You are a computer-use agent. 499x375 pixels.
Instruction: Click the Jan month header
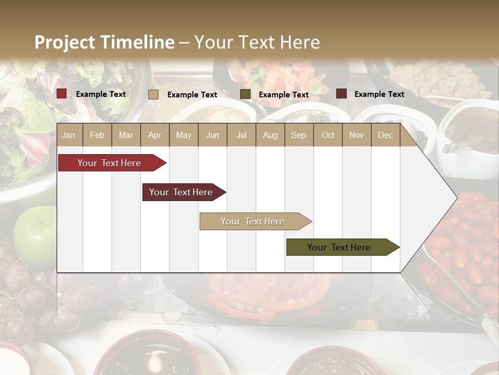tap(69, 135)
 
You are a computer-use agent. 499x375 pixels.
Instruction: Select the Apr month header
tap(154, 135)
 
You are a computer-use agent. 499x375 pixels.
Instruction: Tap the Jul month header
tap(241, 135)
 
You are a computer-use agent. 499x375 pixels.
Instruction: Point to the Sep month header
tap(298, 135)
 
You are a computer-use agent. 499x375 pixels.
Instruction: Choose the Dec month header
tap(385, 135)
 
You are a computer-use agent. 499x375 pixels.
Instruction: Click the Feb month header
tap(97, 135)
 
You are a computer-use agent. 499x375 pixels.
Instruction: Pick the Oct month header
tap(328, 135)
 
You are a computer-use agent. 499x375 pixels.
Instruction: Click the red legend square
tap(62, 94)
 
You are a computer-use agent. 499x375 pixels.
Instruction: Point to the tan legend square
tap(153, 94)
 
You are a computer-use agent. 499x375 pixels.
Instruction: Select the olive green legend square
tap(245, 94)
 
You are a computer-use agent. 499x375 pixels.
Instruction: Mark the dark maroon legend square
tap(341, 94)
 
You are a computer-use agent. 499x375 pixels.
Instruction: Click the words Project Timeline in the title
tap(104, 42)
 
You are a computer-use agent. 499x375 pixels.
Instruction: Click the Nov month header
tap(357, 135)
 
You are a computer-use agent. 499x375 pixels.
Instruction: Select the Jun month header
tap(213, 135)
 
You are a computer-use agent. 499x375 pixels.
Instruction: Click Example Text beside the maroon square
tap(379, 94)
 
